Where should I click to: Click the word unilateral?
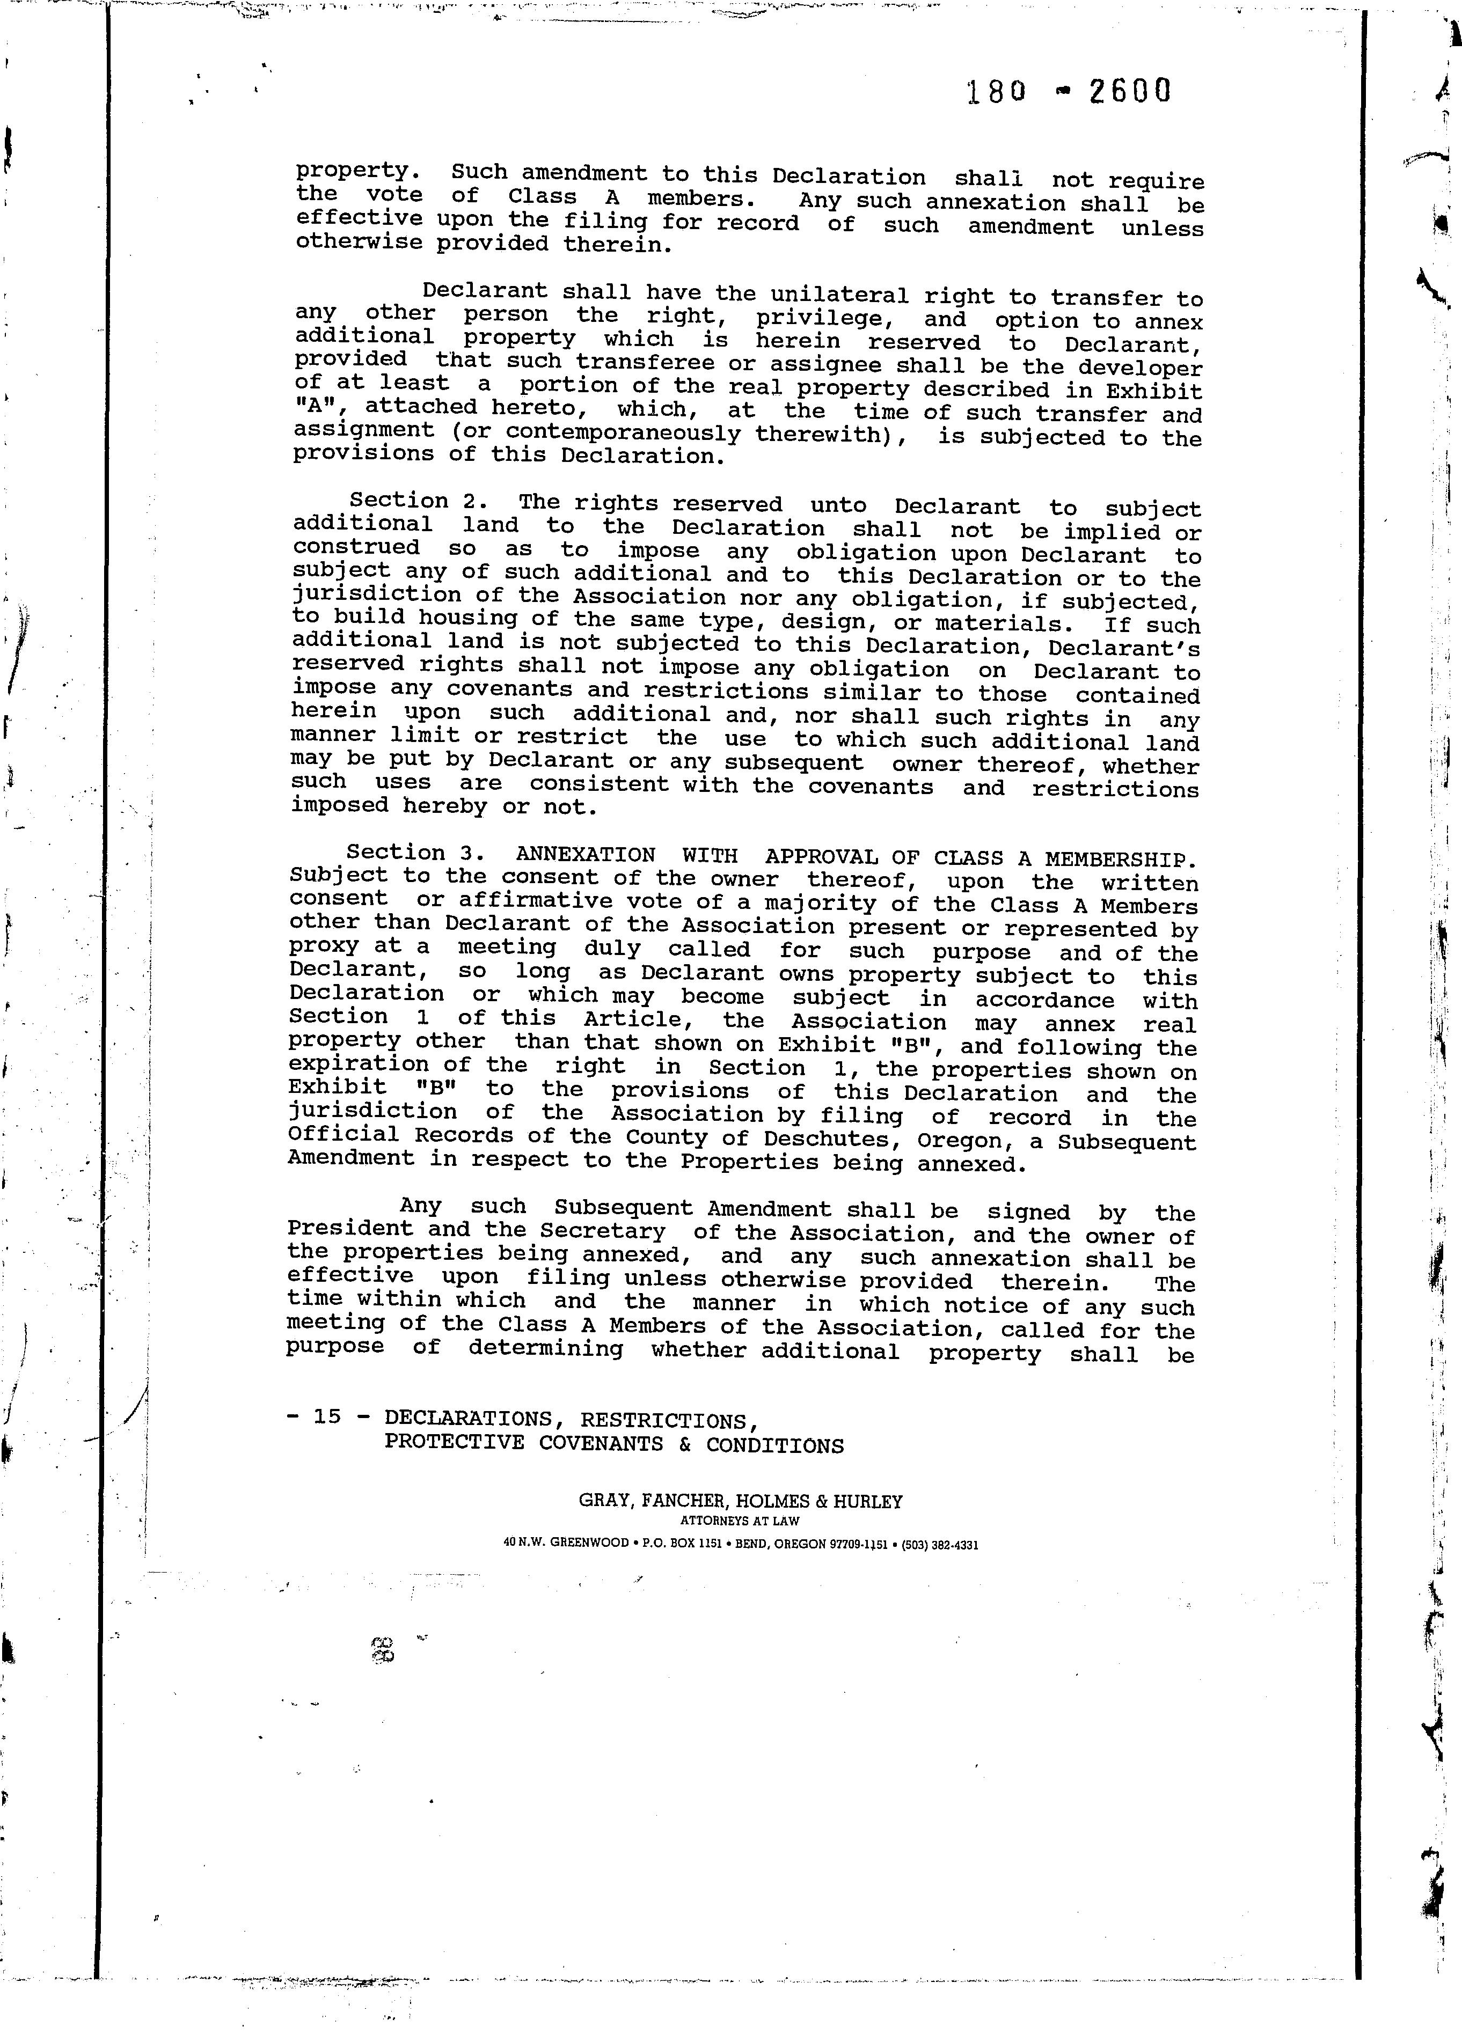coord(839,295)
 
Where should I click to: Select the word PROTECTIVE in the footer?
coord(454,1442)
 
